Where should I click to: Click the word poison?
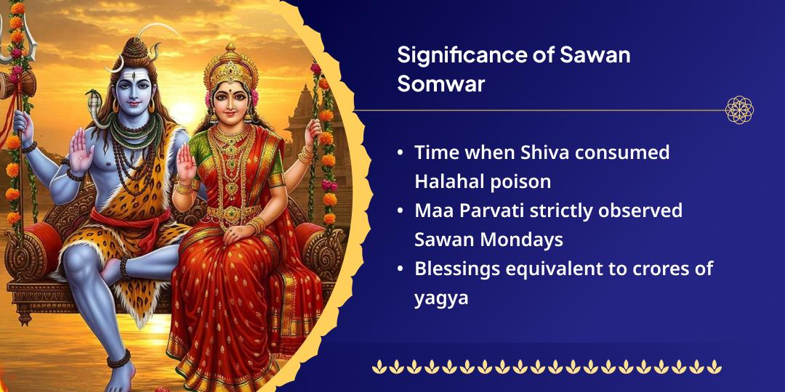[x=512, y=181]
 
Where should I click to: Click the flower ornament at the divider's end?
[x=739, y=110]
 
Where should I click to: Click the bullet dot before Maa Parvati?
[x=401, y=211]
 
